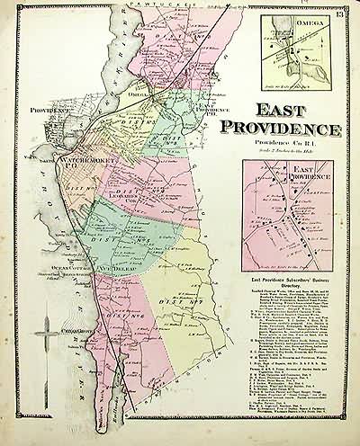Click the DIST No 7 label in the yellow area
click(171, 301)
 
